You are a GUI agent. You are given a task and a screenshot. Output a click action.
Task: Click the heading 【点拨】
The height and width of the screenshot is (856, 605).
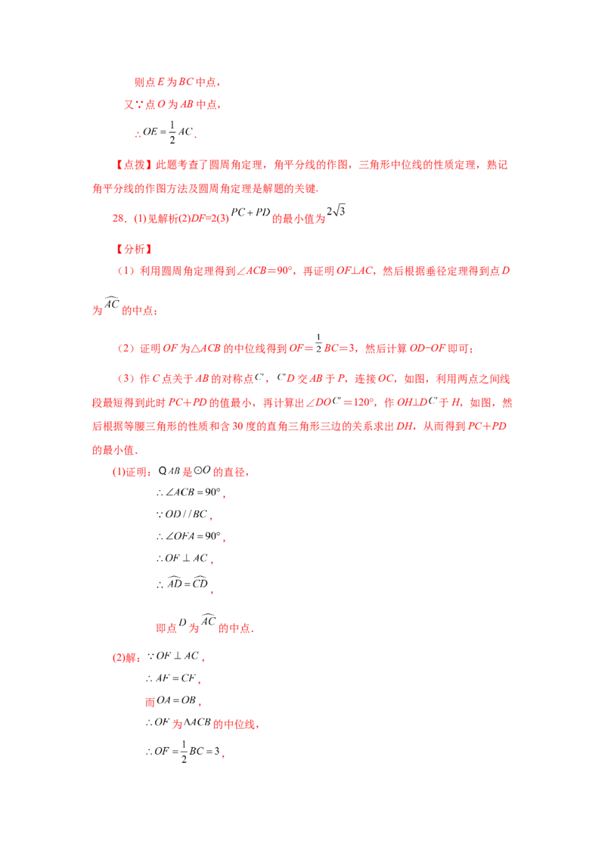point(134,165)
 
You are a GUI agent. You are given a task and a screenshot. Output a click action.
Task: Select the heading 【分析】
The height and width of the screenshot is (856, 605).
point(134,250)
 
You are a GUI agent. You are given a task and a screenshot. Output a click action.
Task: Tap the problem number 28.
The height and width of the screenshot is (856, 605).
point(119,219)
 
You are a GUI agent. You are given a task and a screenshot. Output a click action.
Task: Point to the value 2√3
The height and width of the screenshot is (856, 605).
point(336,211)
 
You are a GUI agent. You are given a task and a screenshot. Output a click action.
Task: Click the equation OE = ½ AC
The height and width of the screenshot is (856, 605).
point(165,132)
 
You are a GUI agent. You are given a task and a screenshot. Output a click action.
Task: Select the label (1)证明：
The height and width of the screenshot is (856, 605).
point(132,472)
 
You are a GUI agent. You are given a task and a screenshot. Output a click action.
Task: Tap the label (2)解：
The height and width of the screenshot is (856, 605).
point(127,658)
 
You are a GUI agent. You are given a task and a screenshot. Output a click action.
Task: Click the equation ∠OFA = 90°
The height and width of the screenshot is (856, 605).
point(190,536)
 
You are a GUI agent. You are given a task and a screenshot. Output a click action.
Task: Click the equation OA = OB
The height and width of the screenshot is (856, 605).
point(175,700)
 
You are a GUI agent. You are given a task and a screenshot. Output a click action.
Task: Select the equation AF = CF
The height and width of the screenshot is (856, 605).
point(172,678)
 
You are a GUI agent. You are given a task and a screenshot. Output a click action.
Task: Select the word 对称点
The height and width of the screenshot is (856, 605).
point(238,379)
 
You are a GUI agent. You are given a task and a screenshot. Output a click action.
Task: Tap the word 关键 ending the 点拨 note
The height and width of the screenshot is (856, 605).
point(306,189)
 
